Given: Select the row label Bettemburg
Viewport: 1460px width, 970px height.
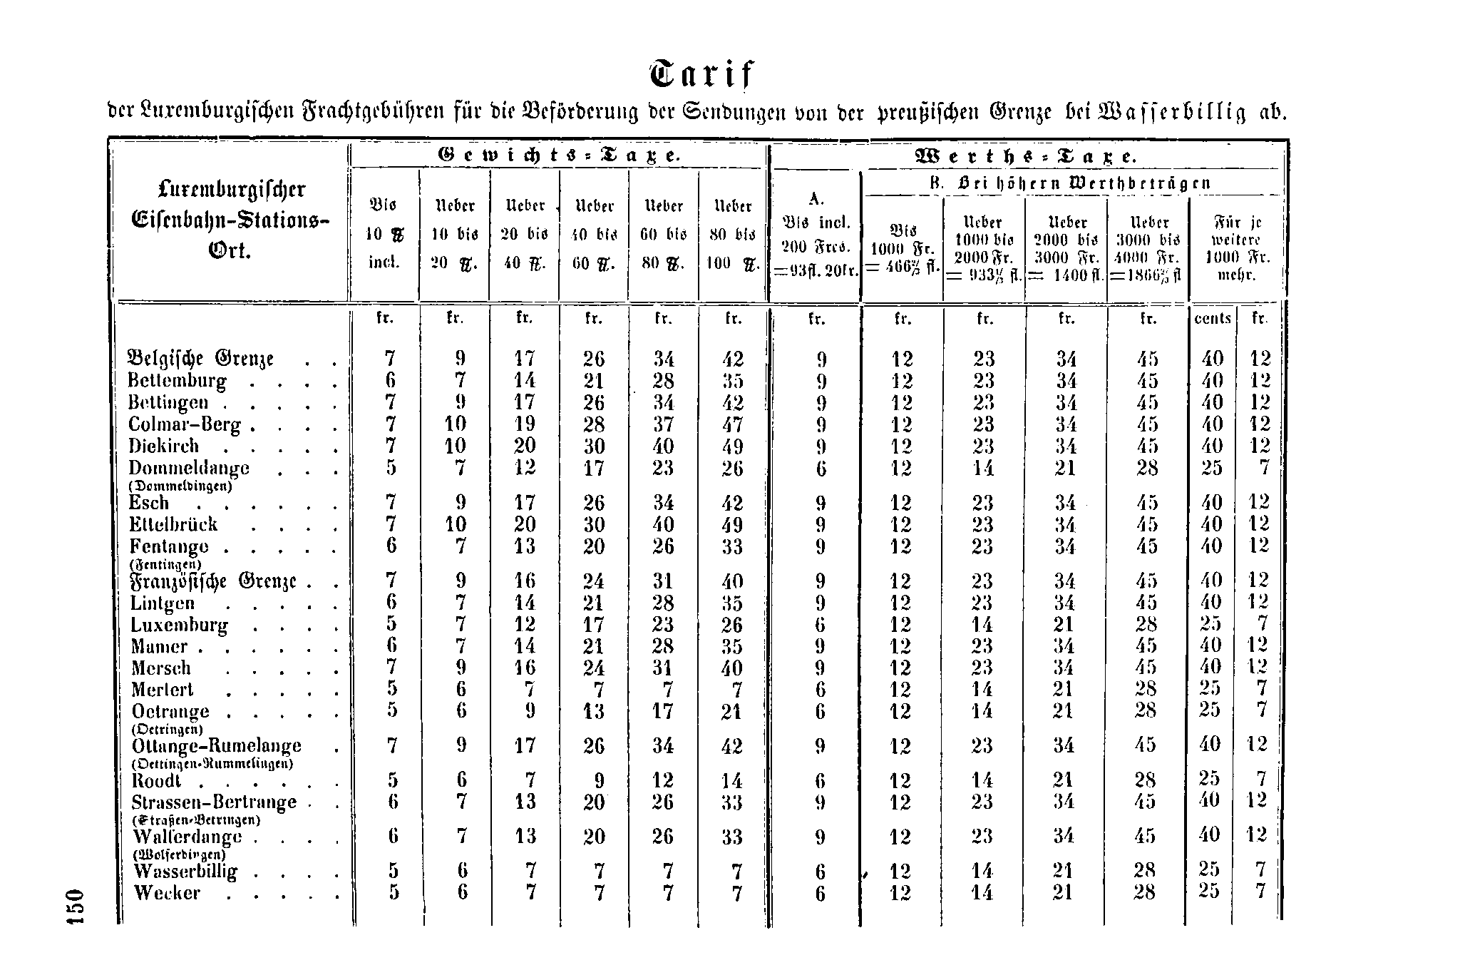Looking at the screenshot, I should (x=177, y=381).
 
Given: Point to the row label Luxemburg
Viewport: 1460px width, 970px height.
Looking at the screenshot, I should (x=179, y=626).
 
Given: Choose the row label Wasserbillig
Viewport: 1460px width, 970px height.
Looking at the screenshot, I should (x=185, y=872).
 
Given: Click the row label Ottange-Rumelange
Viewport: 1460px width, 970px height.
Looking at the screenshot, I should (x=217, y=746).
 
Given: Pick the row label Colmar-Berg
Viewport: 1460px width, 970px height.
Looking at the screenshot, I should (x=184, y=425).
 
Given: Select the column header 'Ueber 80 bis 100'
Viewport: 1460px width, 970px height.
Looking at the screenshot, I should (x=733, y=234).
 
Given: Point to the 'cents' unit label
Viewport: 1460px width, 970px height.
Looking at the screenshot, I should (x=1213, y=319).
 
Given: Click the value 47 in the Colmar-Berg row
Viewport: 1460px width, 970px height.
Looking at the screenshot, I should (x=733, y=425).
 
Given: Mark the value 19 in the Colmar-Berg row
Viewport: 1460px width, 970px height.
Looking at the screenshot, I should (x=525, y=425).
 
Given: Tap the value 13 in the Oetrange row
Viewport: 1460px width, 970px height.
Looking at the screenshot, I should (x=594, y=712).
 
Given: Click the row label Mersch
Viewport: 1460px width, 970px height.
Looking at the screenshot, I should (x=161, y=669).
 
